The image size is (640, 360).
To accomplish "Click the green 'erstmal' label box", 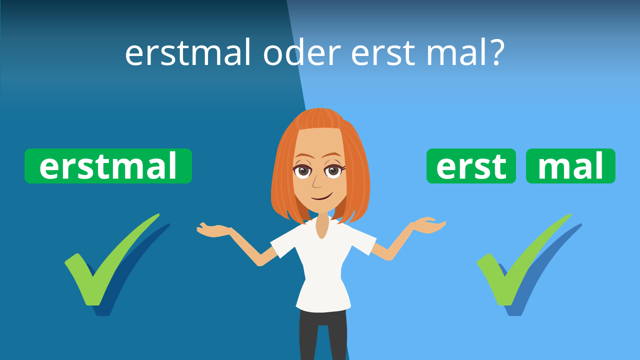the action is (x=108, y=166).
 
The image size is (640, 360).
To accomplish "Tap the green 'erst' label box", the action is (x=471, y=166).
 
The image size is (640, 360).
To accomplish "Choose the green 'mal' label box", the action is (x=570, y=166).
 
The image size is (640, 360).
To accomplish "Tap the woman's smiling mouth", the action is (x=321, y=197).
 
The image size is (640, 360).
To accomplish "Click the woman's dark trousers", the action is (x=323, y=335).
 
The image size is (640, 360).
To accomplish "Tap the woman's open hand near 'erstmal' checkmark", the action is (x=213, y=230).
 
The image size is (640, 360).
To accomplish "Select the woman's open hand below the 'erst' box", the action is (x=428, y=225).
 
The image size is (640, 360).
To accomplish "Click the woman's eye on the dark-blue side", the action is (x=302, y=171).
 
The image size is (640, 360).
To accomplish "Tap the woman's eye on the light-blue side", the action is (x=333, y=171).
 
